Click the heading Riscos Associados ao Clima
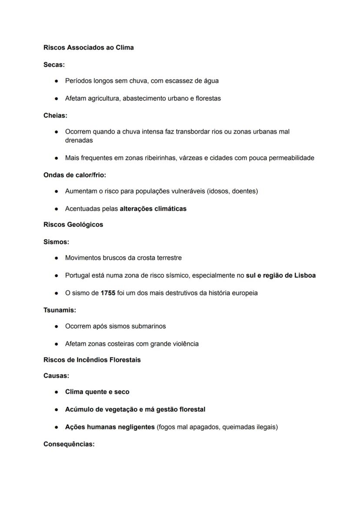pyautogui.click(x=88, y=47)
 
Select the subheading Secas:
pyautogui.click(x=54, y=65)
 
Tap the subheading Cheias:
pyautogui.click(x=55, y=116)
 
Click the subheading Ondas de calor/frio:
pyautogui.click(x=74, y=175)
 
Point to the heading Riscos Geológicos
pyautogui.click(x=73, y=225)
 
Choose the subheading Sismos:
pyautogui.click(x=56, y=242)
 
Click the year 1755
pyautogui.click(x=108, y=293)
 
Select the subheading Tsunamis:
pyautogui.click(x=60, y=310)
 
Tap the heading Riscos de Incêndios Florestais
pyautogui.click(x=92, y=360)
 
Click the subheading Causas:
pyautogui.click(x=56, y=375)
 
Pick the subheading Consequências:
pyautogui.click(x=69, y=444)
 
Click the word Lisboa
pyautogui.click(x=305, y=276)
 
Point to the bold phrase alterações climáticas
pyautogui.click(x=153, y=209)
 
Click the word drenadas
pyautogui.click(x=79, y=140)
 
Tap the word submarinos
pyautogui.click(x=149, y=326)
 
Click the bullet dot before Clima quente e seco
pyautogui.click(x=57, y=392)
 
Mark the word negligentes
pyautogui.click(x=137, y=427)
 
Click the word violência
pyautogui.click(x=186, y=344)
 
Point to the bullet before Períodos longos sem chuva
pyautogui.click(x=57, y=81)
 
